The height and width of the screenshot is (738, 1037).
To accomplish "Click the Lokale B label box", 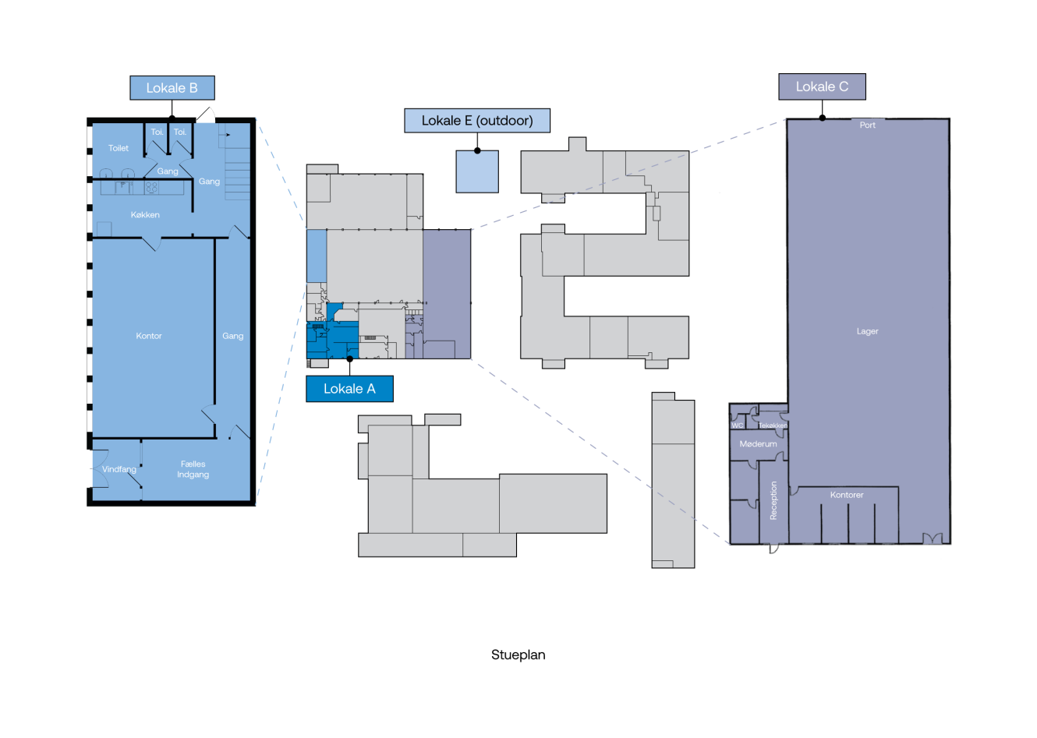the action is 172,88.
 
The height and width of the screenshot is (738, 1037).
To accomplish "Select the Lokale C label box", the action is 822,87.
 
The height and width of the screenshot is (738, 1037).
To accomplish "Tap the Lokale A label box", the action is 349,389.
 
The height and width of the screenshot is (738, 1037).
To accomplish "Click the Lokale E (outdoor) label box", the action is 477,121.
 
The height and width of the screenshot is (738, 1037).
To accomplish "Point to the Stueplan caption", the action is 518,655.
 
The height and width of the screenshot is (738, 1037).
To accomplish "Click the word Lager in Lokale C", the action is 867,331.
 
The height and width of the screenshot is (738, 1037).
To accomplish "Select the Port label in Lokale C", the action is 867,125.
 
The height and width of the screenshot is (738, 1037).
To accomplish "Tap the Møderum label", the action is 758,443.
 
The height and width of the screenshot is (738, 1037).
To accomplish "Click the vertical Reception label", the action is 773,500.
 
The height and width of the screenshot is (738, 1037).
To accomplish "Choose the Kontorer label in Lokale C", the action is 847,495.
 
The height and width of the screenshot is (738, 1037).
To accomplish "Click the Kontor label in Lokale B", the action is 149,336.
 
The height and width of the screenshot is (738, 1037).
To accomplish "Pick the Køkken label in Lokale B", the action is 145,214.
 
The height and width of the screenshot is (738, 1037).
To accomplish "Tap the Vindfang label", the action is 119,469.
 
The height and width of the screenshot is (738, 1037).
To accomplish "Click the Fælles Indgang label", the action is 193,469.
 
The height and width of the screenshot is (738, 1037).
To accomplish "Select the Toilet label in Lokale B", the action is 119,148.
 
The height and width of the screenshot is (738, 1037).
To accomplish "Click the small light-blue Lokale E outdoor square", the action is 477,171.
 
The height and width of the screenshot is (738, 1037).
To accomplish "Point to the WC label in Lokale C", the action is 738,425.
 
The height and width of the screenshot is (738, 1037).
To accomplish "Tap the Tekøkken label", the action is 773,425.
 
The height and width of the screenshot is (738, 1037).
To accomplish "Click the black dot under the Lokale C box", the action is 822,118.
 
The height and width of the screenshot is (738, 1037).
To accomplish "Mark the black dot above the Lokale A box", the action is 349,359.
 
